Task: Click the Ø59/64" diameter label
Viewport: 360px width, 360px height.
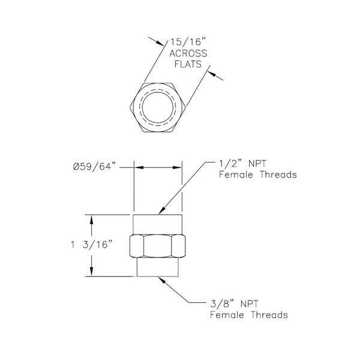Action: [x=98, y=167]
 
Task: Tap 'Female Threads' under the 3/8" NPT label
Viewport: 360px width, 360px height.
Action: [x=248, y=315]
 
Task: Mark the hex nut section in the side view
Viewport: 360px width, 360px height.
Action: [x=158, y=246]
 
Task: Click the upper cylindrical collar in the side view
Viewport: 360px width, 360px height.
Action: [x=158, y=224]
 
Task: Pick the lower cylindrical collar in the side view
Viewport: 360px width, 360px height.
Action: [x=158, y=267]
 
